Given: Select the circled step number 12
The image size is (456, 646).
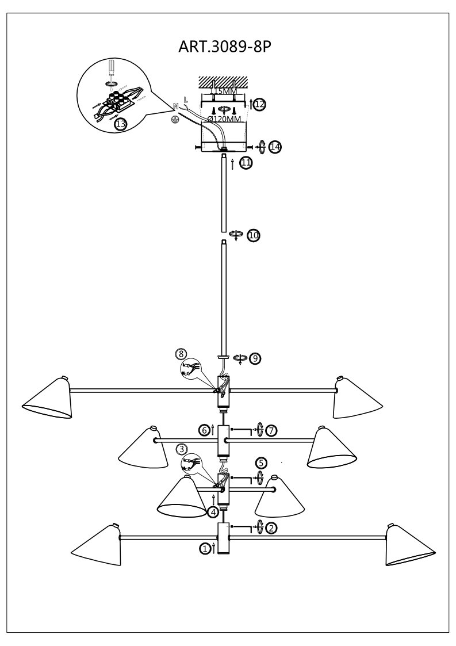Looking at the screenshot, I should click(259, 104).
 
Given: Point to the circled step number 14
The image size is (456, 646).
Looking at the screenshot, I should click(275, 147).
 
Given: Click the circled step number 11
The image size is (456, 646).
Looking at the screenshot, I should click(246, 163).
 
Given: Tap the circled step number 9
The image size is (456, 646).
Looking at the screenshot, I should click(255, 358).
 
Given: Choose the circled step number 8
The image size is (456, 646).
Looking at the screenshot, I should click(181, 353).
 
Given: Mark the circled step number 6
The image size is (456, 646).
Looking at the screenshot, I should click(204, 430).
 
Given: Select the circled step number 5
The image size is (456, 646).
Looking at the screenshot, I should click(261, 462).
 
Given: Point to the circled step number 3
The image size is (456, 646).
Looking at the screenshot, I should click(181, 449).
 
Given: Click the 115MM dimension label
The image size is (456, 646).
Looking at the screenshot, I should click(223, 91).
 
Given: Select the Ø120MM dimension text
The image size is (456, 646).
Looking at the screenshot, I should click(224, 119).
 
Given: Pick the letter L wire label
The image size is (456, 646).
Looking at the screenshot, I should click(185, 100).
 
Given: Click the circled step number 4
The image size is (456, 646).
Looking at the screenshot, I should click(213, 511).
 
